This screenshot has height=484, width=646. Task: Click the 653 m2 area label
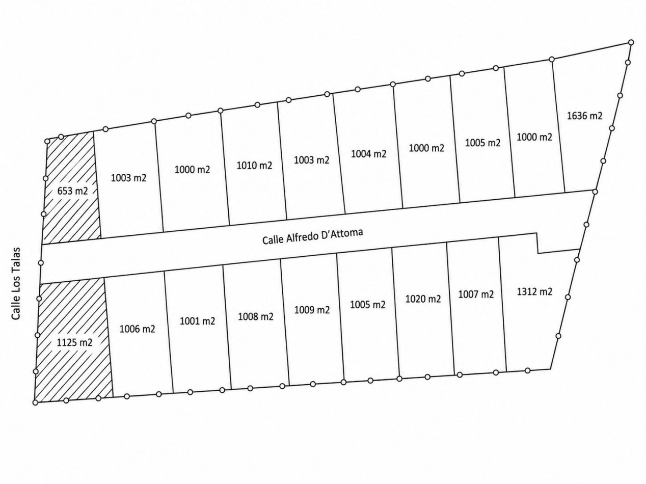tap(72, 191)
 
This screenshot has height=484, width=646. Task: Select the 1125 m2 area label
tap(74, 342)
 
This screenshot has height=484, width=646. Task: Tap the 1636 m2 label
tap(584, 116)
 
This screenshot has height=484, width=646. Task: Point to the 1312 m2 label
tap(534, 291)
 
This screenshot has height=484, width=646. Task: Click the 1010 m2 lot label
tap(254, 166)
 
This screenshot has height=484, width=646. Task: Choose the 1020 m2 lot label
tap(423, 299)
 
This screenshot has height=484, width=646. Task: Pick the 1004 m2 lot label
tap(368, 153)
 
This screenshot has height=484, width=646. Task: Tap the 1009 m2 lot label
tap(312, 310)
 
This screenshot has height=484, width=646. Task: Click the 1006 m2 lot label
tap(137, 329)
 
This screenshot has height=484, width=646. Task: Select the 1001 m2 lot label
tap(198, 321)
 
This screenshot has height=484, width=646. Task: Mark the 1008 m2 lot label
tap(255, 316)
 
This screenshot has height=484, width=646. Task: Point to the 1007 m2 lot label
tap(476, 294)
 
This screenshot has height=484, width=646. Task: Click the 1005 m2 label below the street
tap(368, 304)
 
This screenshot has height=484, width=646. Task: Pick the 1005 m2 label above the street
tap(482, 143)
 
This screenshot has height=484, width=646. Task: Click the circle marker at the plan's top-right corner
tap(631, 42)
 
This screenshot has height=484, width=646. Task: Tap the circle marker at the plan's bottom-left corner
tap(35, 402)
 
